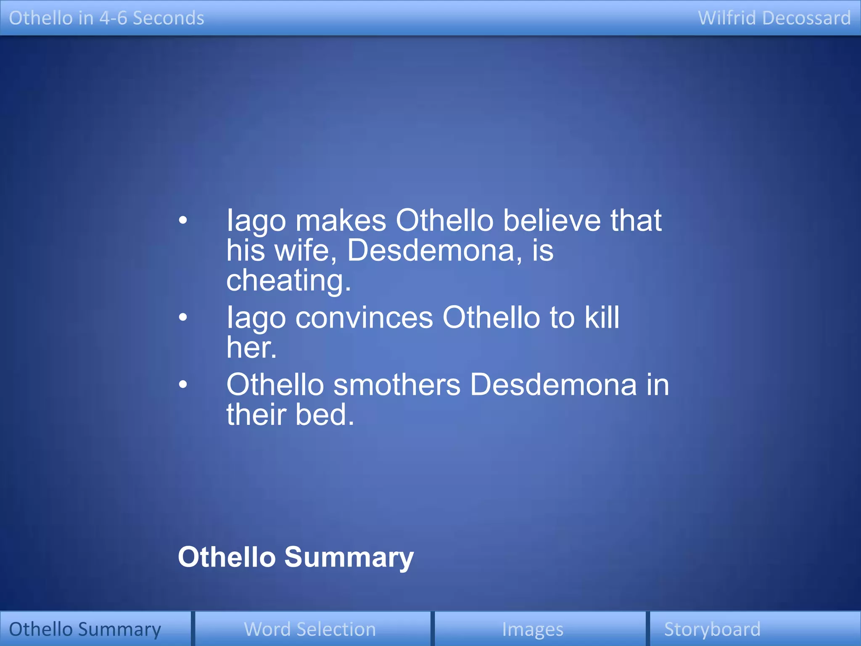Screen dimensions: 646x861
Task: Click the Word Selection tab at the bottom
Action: click(310, 629)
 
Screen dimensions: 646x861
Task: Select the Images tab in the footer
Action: click(533, 629)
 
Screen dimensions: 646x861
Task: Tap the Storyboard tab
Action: click(712, 629)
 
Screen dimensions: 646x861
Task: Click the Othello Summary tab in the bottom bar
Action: click(85, 629)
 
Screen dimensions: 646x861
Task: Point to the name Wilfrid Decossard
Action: click(774, 18)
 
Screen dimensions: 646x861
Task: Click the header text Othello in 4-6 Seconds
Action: click(106, 18)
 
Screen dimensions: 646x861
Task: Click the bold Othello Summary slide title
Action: click(296, 557)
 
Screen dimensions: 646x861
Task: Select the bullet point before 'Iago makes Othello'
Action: click(182, 220)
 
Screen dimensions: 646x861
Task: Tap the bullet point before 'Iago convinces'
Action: click(182, 317)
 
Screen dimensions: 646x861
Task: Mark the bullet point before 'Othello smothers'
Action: click(182, 384)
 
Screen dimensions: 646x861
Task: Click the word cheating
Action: click(288, 281)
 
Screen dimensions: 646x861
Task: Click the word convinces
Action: click(364, 317)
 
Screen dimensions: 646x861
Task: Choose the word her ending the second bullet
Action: click(251, 347)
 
